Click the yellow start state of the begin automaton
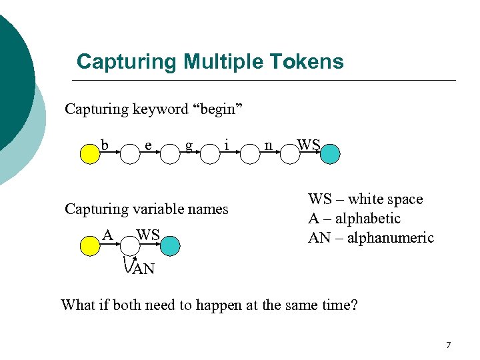(x=89, y=155)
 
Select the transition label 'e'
(x=147, y=144)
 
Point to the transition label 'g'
(x=189, y=145)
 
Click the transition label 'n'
(x=268, y=144)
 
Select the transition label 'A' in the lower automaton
(x=107, y=235)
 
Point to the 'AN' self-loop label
(x=143, y=269)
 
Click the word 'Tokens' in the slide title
(x=307, y=62)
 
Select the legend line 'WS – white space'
(x=365, y=199)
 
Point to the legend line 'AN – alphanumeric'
(x=370, y=238)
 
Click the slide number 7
(x=448, y=345)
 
